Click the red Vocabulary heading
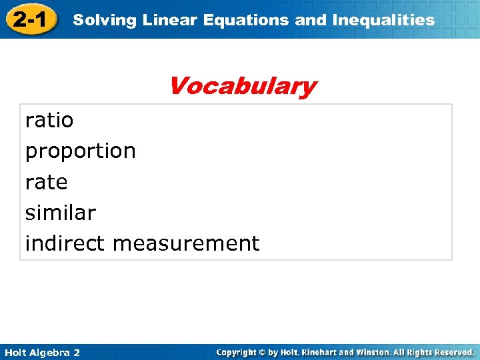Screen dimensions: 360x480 242,86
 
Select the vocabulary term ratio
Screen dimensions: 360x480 49,121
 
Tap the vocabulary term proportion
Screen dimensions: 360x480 80,151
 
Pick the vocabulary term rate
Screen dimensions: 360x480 46,182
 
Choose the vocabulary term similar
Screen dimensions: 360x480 60,213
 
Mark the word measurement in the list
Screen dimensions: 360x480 186,243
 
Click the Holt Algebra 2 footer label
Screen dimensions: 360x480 41,352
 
